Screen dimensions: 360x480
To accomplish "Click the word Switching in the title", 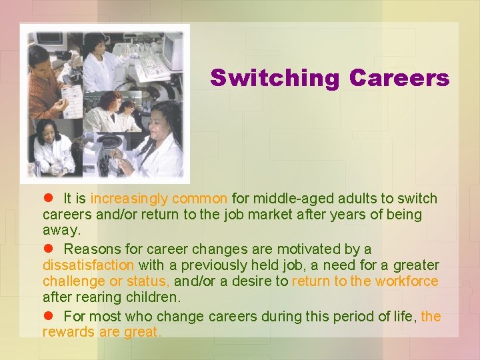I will [x=275, y=79].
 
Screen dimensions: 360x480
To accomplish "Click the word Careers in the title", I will [x=399, y=79].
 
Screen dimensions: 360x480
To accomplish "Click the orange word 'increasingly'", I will [x=130, y=199].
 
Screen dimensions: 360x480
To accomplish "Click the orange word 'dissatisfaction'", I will [x=88, y=265].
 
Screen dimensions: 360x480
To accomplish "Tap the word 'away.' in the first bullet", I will [x=61, y=231].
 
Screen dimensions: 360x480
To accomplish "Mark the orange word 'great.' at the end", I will [x=143, y=332].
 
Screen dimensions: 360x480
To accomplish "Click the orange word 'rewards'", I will [x=69, y=332].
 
